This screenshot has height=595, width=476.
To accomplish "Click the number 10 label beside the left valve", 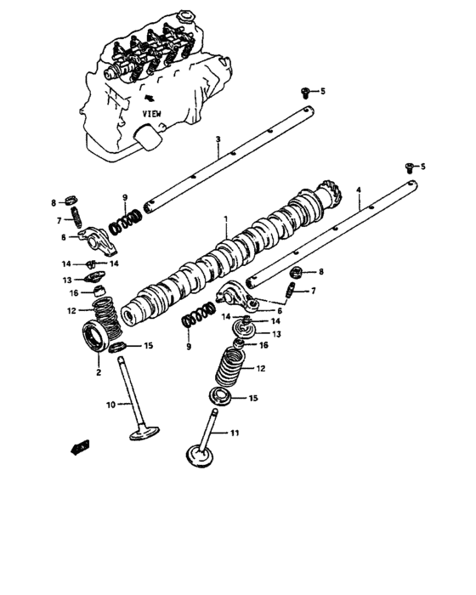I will [110, 405].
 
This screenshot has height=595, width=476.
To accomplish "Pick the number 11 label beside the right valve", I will [235, 433].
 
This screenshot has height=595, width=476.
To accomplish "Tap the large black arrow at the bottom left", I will [81, 445].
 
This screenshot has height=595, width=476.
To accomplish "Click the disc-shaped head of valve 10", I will [142, 433].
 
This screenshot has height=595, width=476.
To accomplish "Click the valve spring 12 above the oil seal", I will [106, 319].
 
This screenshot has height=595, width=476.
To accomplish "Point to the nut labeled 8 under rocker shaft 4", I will [297, 272].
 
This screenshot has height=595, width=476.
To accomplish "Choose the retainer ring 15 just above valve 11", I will [224, 397].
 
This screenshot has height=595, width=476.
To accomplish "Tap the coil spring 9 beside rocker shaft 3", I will [127, 219].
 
